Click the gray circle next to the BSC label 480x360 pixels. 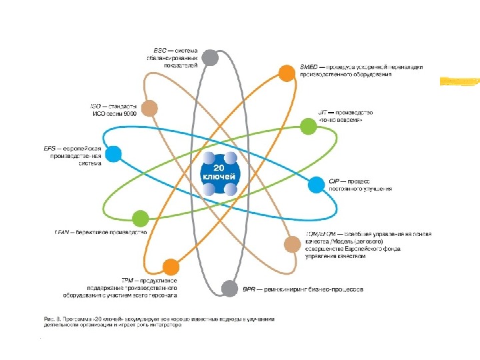pyautogui.click(x=211, y=57)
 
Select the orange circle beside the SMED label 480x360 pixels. pyautogui.click(x=287, y=73)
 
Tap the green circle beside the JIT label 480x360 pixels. pyautogui.click(x=308, y=125)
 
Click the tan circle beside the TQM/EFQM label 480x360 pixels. pyautogui.click(x=292, y=244)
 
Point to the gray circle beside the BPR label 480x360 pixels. pyautogui.click(x=229, y=289)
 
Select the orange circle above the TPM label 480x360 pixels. pyautogui.click(x=171, y=267)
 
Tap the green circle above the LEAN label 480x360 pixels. pyautogui.click(x=140, y=218)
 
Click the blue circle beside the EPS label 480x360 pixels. pyautogui.click(x=114, y=154)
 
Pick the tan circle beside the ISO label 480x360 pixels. pyautogui.click(x=150, y=107)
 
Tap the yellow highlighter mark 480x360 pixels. pyautogui.click(x=459, y=82)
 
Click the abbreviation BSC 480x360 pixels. pyautogui.click(x=159, y=50)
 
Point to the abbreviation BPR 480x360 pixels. pyautogui.click(x=249, y=289)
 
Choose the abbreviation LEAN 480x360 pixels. pyautogui.click(x=62, y=233)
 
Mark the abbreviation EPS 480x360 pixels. pyautogui.click(x=49, y=148)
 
